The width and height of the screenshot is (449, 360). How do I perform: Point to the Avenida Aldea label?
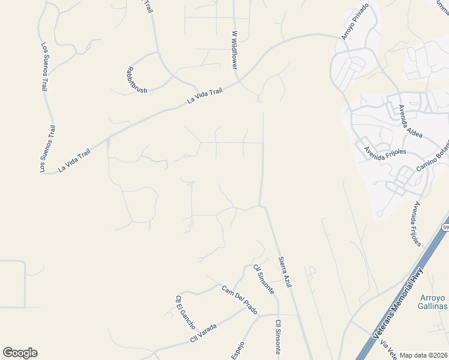click(x=411, y=121)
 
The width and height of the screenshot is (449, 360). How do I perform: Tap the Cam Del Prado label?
click(x=240, y=299)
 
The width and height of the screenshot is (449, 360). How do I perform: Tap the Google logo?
click(x=20, y=353)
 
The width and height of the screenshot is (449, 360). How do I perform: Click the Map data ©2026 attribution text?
click(x=424, y=355)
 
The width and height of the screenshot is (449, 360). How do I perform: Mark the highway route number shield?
click(x=445, y=228)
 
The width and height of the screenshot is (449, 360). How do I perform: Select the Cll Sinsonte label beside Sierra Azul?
click(x=264, y=279)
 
